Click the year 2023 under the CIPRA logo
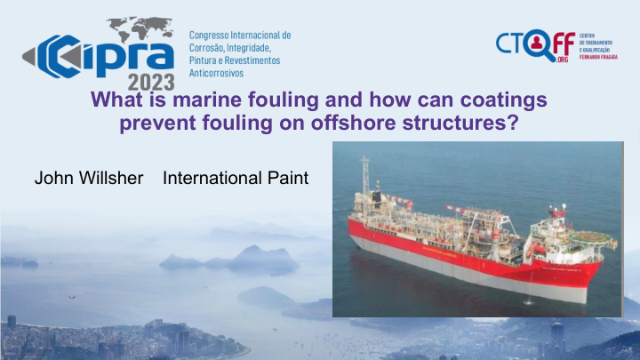click(151, 83)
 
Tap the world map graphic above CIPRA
click(141, 28)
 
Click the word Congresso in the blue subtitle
click(208, 36)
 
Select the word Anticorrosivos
click(216, 74)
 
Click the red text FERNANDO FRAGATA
click(598, 58)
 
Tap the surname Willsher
click(111, 178)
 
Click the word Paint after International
click(288, 178)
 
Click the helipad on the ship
click(588, 237)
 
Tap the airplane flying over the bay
click(72, 297)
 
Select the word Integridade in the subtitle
click(248, 48)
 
